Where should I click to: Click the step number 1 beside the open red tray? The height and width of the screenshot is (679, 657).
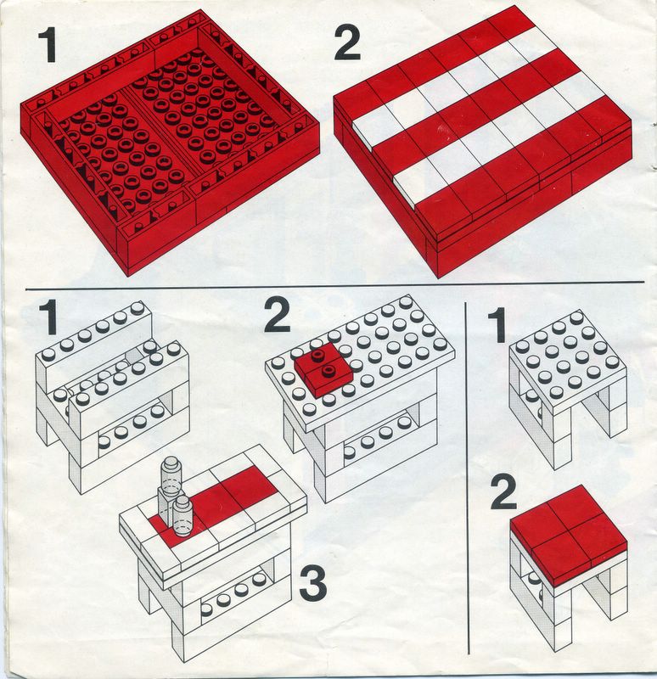click(48, 44)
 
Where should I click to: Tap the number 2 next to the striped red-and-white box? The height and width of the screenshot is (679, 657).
click(347, 42)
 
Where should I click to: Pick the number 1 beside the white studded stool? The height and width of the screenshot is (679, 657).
click(497, 325)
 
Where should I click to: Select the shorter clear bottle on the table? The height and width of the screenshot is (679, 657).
click(182, 516)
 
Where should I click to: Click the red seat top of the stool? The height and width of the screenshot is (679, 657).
click(569, 536)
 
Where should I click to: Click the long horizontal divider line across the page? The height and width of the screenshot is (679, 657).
click(334, 286)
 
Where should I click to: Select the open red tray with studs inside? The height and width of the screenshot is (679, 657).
click(170, 143)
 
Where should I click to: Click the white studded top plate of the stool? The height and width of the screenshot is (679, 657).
click(568, 360)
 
